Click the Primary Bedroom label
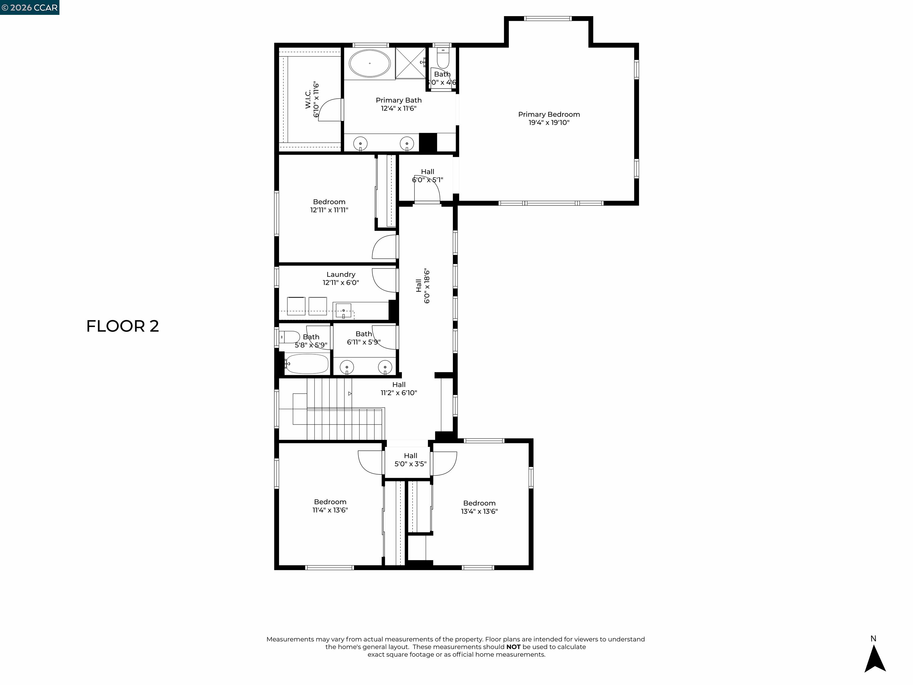(549, 114)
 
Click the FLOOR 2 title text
(122, 326)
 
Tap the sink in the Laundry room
(343, 310)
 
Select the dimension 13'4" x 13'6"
(479, 511)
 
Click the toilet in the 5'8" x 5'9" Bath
(290, 337)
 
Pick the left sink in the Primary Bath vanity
(360, 144)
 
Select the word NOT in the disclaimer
(513, 647)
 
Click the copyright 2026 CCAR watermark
(30, 7)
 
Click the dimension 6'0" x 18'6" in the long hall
(427, 286)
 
